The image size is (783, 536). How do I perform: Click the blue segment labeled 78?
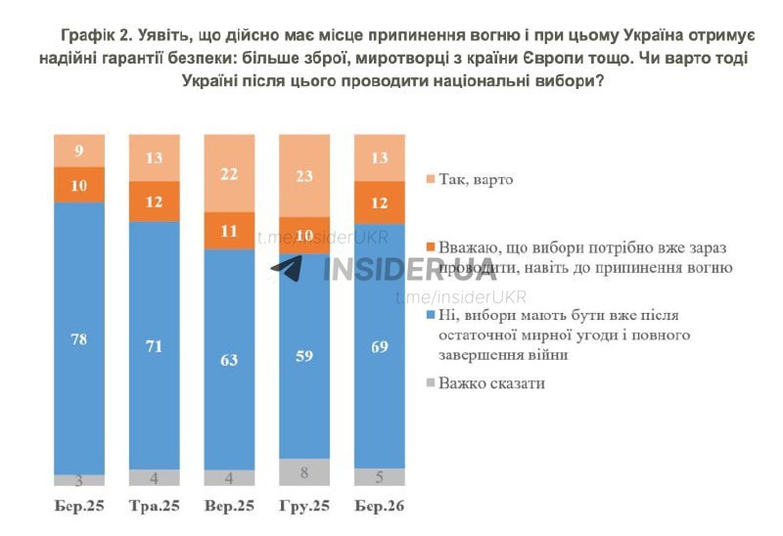point(78,337)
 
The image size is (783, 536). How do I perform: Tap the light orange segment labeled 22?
point(229,173)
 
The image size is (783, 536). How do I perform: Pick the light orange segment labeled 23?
point(304,175)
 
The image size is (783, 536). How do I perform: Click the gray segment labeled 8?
point(304,471)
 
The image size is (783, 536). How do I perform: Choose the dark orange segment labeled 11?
point(229,231)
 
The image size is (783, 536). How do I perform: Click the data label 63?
point(229,360)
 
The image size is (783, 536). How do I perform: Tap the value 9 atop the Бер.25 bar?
point(78,151)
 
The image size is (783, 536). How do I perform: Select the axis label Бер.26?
point(379,507)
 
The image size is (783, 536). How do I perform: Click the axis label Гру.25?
point(304,507)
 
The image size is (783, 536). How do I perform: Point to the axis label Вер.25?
point(229,507)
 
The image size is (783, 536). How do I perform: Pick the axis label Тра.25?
point(155,507)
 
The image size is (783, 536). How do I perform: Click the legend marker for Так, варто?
point(431,180)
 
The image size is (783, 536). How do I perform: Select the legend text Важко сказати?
point(491,383)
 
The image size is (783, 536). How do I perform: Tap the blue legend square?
point(431,316)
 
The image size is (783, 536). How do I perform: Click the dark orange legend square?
point(431,248)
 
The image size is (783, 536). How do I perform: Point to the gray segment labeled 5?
point(379,477)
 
